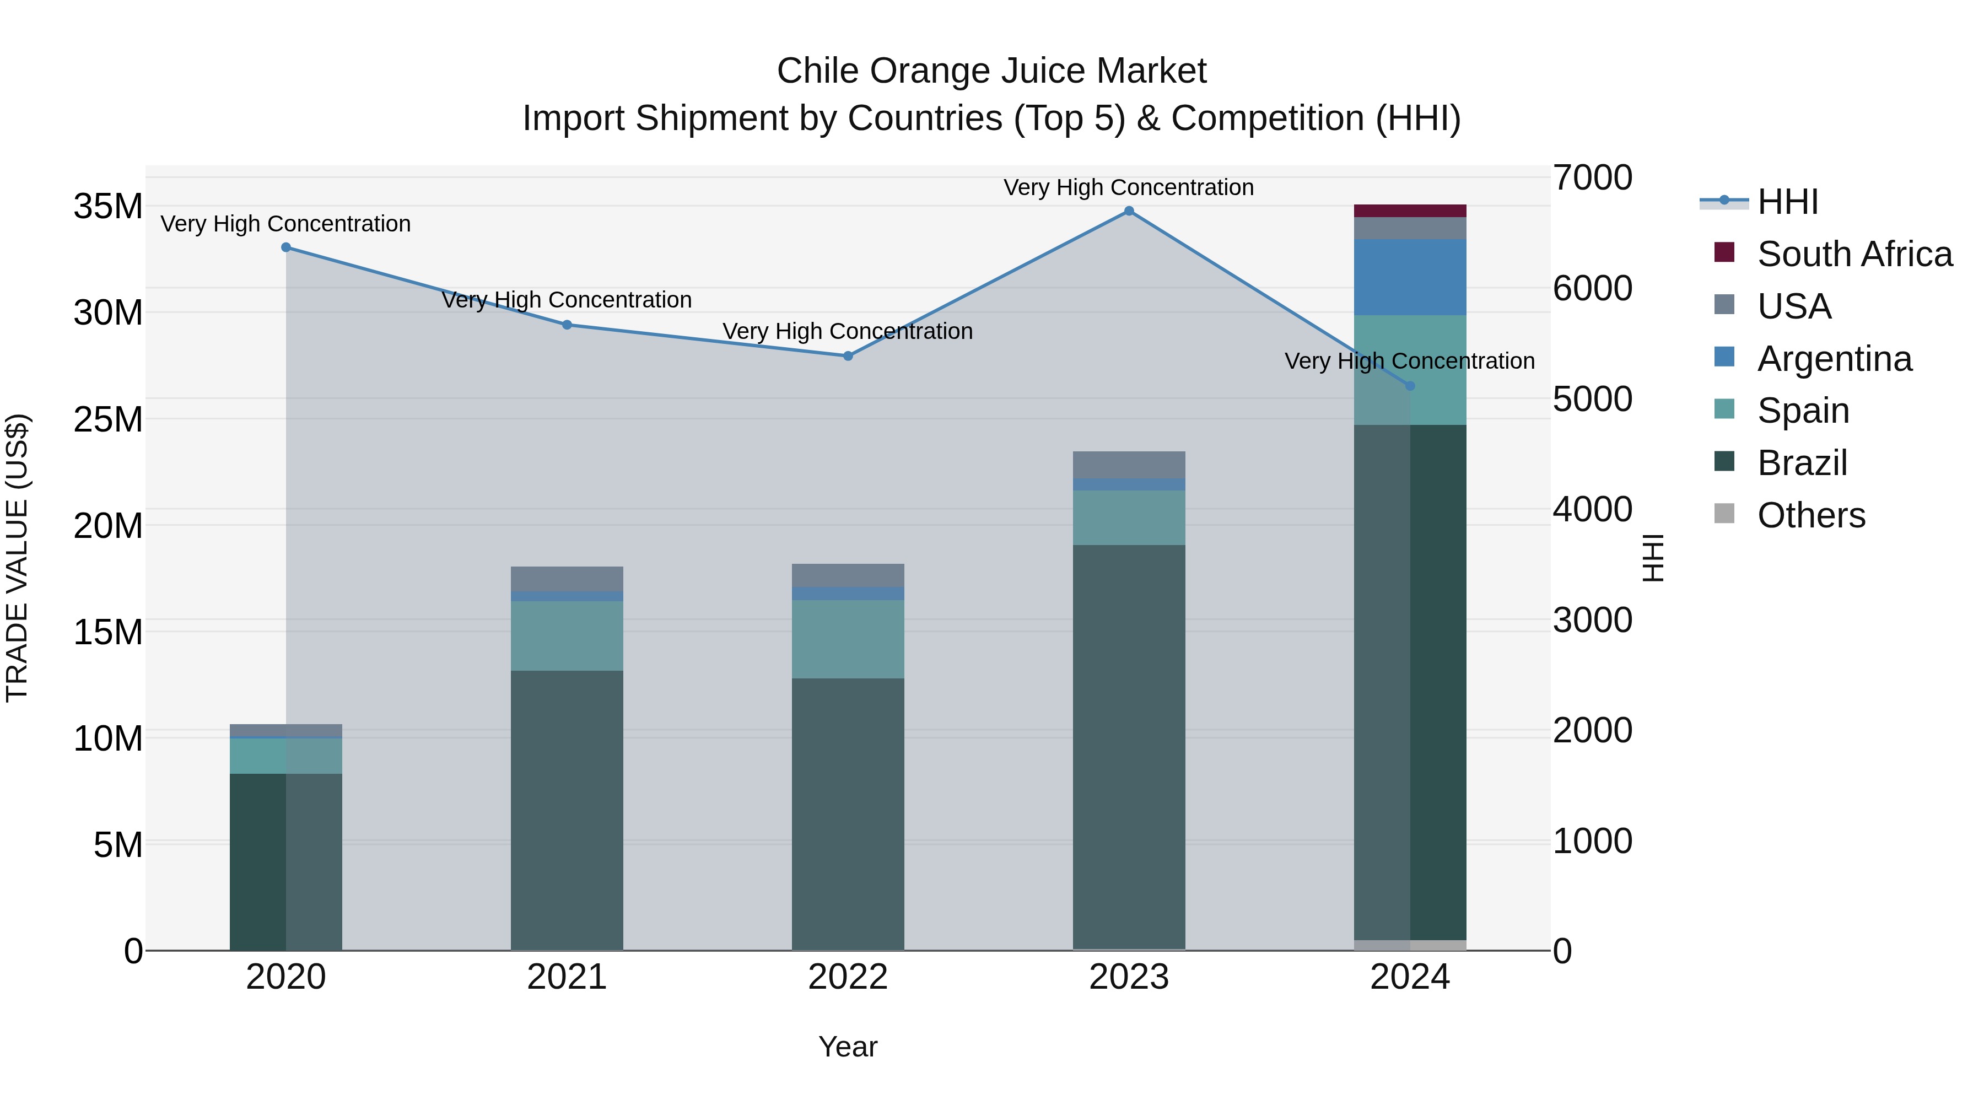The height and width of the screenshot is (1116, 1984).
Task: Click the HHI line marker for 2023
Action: pyautogui.click(x=1129, y=211)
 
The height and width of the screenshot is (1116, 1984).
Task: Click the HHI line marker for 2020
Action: pyautogui.click(x=285, y=247)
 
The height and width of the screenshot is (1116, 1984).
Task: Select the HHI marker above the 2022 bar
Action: pyautogui.click(x=848, y=356)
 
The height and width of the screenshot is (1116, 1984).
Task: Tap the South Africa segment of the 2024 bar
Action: pyautogui.click(x=1410, y=211)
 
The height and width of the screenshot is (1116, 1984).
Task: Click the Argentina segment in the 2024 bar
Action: pyautogui.click(x=1410, y=277)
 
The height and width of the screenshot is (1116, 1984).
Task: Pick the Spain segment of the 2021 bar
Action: pyautogui.click(x=567, y=636)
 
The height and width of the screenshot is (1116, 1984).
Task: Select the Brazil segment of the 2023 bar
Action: pyautogui.click(x=1129, y=747)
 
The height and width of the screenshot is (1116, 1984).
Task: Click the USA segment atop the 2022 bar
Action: pyautogui.click(x=848, y=575)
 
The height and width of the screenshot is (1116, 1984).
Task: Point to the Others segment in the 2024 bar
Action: pyautogui.click(x=1410, y=945)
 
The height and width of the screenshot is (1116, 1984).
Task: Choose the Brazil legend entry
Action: pyautogui.click(x=1802, y=463)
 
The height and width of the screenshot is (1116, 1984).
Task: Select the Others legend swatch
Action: pyautogui.click(x=1724, y=514)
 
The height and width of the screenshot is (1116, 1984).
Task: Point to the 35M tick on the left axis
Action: pyautogui.click(x=108, y=207)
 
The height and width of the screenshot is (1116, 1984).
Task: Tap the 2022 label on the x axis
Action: pyautogui.click(x=848, y=977)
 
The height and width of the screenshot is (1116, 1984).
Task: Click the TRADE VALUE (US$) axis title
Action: pyautogui.click(x=17, y=558)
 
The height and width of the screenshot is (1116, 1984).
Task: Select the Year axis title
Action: pyautogui.click(x=848, y=1047)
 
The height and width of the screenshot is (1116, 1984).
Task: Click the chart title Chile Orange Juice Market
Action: pyautogui.click(x=991, y=71)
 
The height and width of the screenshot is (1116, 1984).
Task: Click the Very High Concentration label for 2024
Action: pyautogui.click(x=1409, y=361)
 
